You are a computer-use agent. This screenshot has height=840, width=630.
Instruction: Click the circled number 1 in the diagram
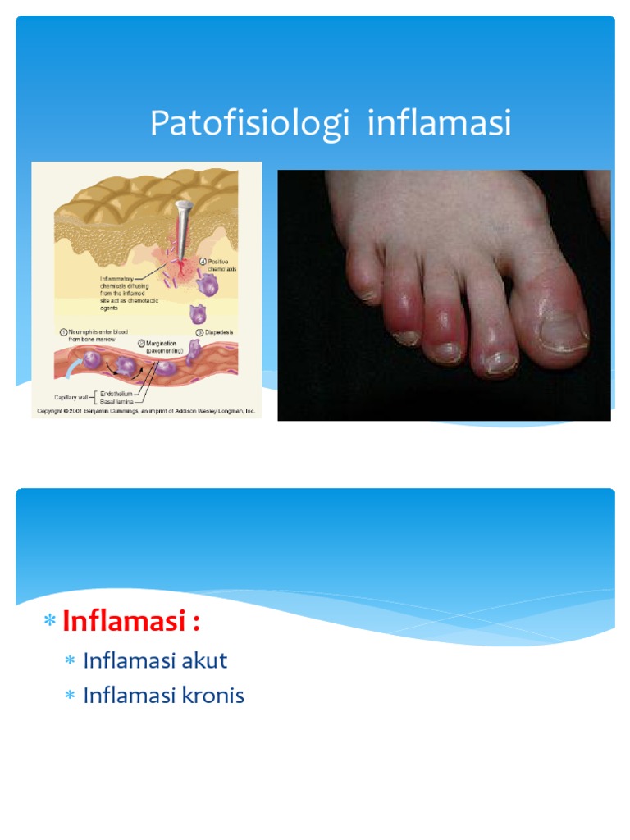(62, 331)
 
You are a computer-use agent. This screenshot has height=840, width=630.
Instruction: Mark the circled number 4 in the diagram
(204, 261)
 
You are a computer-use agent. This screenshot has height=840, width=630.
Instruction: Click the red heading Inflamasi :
(131, 621)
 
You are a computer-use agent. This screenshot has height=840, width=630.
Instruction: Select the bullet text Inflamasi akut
(155, 660)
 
